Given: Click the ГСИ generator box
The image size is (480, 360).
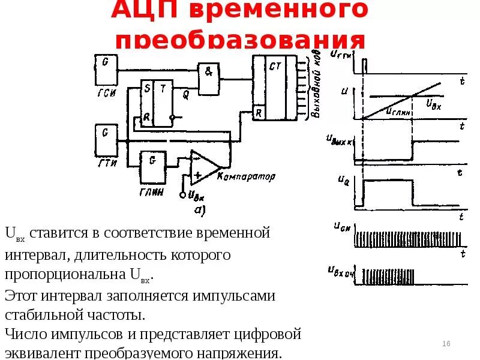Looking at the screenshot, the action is coord(106,68).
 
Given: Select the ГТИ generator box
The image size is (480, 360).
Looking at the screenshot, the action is coord(106,139).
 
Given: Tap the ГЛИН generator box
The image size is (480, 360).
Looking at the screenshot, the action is coord(152,167).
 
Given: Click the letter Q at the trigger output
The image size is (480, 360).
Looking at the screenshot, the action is coord(185,92).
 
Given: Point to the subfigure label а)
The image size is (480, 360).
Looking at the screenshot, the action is coord(199,210).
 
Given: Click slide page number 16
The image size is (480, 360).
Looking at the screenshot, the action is coord(446,343).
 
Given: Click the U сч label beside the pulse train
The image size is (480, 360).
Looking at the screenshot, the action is coord(341,227).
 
